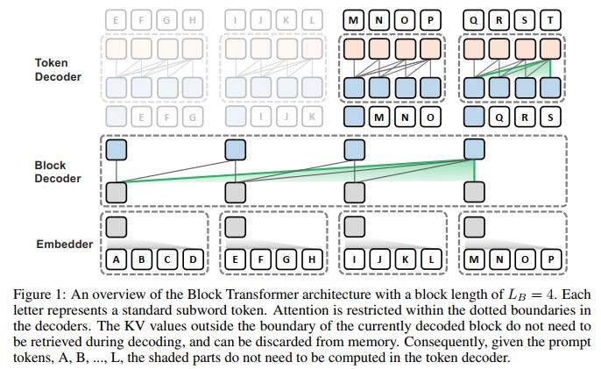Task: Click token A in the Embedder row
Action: (x=117, y=259)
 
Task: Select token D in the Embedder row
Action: (x=193, y=259)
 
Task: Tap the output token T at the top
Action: (x=550, y=20)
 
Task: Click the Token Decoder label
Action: (x=58, y=70)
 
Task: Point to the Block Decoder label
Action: (x=58, y=172)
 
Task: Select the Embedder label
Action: (x=65, y=244)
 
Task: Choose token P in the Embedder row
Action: (x=550, y=259)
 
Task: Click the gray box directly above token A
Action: (x=117, y=227)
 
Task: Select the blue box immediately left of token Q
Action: (x=474, y=117)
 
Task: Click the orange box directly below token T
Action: (x=550, y=49)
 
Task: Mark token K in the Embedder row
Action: (x=405, y=259)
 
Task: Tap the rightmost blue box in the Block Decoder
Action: (x=474, y=149)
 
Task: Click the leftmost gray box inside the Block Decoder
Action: (x=117, y=192)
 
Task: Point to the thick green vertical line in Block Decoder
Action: (x=475, y=171)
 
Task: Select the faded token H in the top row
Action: (x=193, y=20)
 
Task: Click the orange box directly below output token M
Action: (x=354, y=49)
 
